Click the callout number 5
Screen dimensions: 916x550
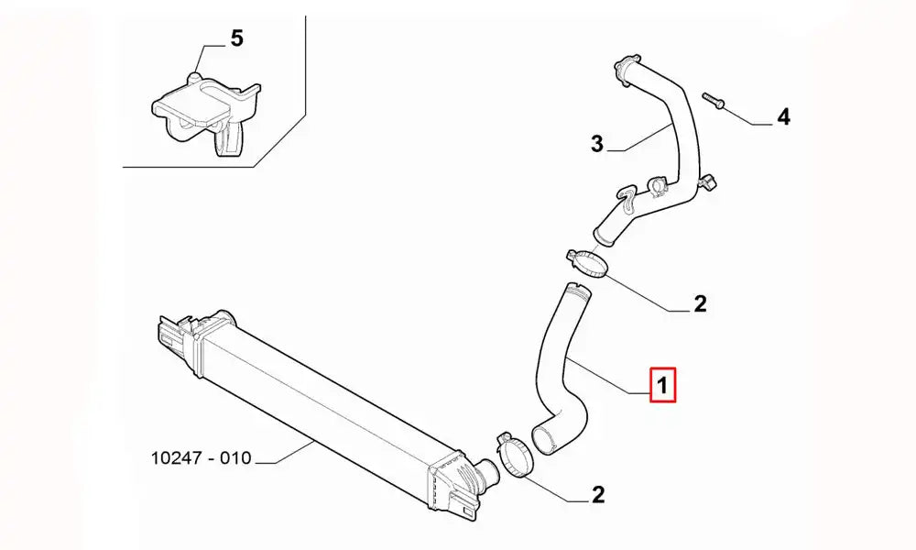(x=236, y=39)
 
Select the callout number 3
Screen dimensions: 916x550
(x=596, y=143)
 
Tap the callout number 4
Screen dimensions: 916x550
(x=783, y=117)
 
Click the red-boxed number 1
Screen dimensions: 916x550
(x=662, y=385)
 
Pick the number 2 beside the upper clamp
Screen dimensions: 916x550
(x=700, y=304)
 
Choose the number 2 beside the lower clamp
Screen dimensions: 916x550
(x=598, y=495)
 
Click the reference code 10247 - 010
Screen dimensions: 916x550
(x=201, y=457)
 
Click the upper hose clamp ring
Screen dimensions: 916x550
(x=588, y=263)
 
